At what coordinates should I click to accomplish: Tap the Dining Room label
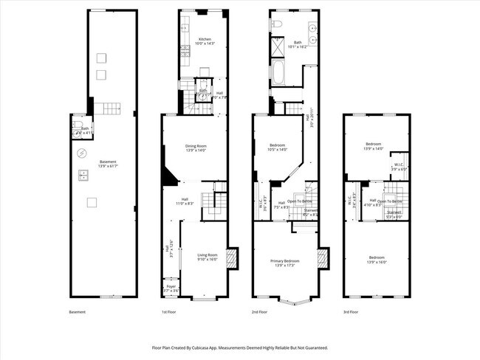[196, 148]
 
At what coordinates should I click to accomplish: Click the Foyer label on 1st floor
[171, 288]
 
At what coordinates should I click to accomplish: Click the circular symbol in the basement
[82, 153]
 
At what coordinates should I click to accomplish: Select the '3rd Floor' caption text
[352, 312]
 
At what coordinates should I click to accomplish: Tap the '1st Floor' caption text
[169, 312]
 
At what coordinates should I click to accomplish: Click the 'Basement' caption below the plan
[78, 312]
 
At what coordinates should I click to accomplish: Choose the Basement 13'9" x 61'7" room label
[108, 164]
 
